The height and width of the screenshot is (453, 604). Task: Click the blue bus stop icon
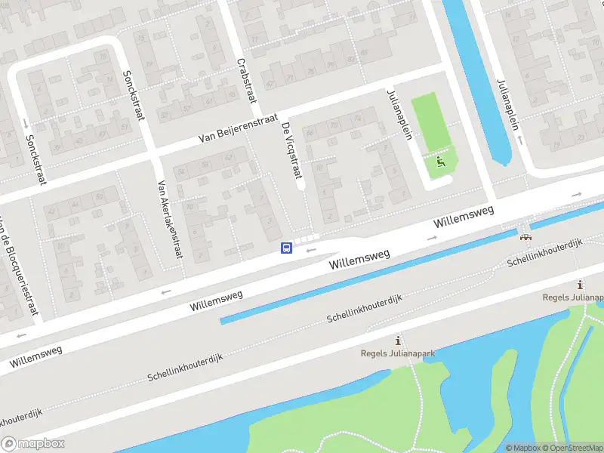287,248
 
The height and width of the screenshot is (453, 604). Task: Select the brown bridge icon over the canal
525,236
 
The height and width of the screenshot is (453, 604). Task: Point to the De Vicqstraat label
291,151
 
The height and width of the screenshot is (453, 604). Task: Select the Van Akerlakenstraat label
169,218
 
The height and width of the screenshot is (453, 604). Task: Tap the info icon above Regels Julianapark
398,341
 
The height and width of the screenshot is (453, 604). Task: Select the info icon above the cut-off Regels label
580,285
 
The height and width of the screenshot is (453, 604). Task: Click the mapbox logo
33,444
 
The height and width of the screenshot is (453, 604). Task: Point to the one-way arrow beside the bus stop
310,248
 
